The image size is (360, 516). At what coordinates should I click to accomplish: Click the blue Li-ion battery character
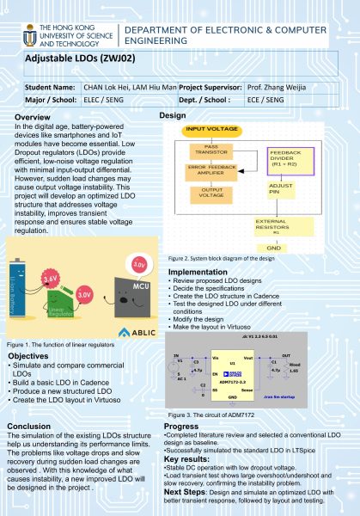[21, 298]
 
